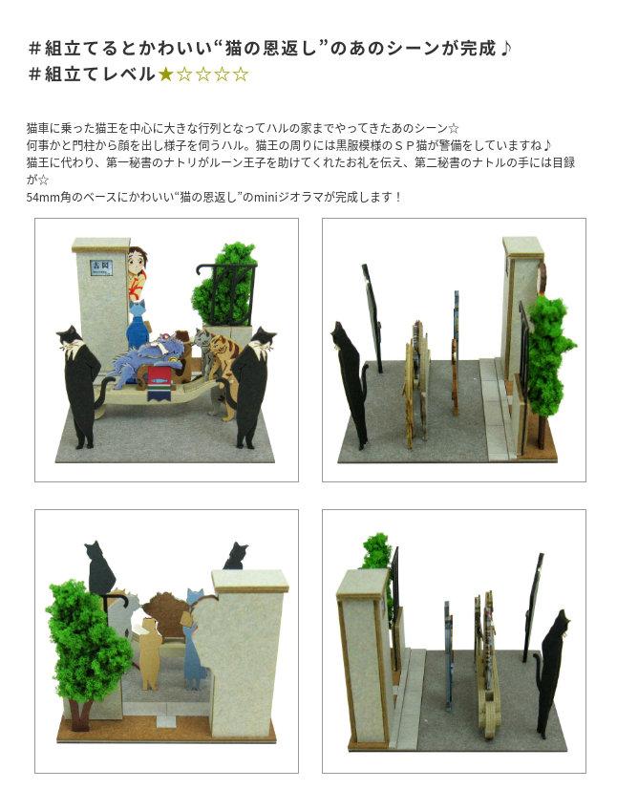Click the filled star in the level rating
[x=165, y=75]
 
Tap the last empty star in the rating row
[x=240, y=75]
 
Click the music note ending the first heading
[x=505, y=49]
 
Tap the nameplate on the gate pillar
[x=101, y=267]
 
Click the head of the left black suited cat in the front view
[x=71, y=338]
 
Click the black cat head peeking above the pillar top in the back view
[x=236, y=556]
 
